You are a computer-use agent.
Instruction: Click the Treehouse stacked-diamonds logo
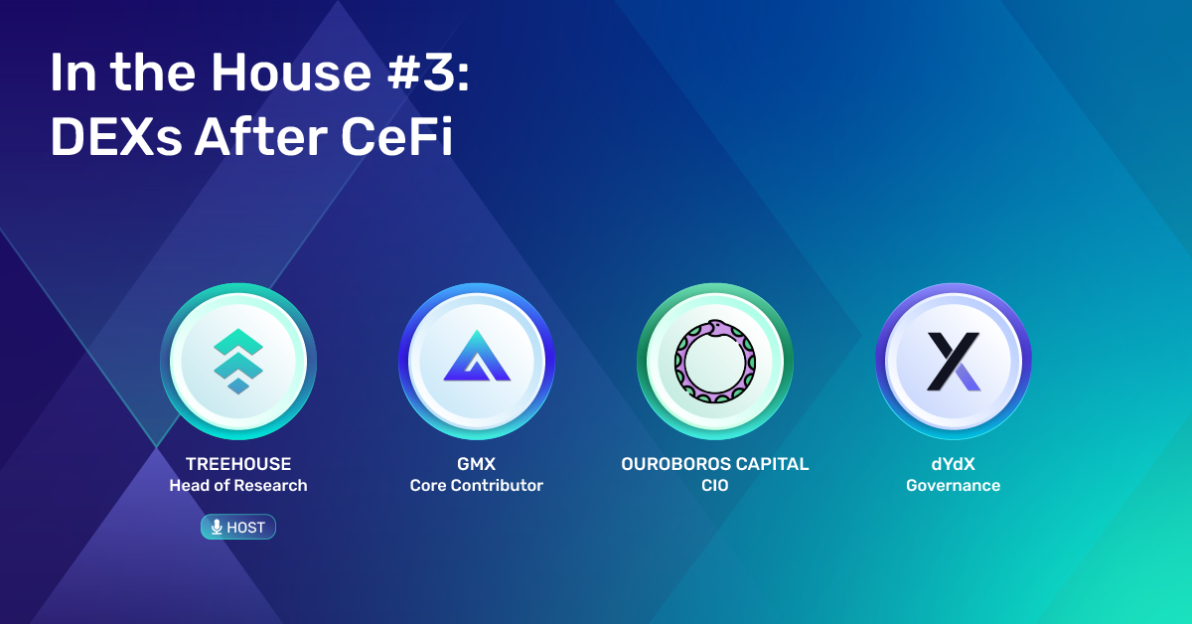coord(237,362)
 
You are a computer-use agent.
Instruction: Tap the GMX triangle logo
coord(477,356)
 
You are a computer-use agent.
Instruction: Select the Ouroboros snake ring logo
coord(714,361)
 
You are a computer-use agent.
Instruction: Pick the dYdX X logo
coord(953,362)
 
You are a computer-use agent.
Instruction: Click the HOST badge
coord(237,527)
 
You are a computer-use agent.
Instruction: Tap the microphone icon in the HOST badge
coord(217,527)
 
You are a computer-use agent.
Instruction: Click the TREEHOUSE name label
coord(237,464)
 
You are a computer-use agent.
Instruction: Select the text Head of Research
coord(237,486)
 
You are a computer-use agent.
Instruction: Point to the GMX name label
coord(476,464)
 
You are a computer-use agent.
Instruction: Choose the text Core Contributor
coord(476,486)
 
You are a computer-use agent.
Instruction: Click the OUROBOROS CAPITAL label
coord(714,464)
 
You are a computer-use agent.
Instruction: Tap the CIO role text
coord(714,486)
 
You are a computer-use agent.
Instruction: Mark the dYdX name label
coord(953,464)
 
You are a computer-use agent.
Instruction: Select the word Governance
coord(953,486)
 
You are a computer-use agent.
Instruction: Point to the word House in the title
coord(290,72)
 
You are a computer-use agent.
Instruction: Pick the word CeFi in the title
coord(396,136)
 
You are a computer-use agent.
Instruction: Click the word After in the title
coord(260,136)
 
